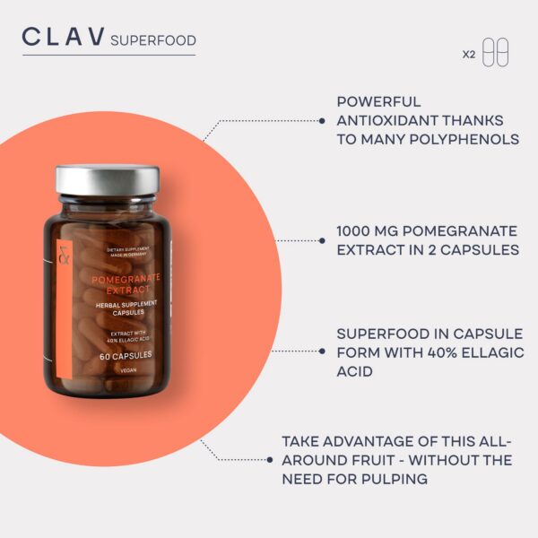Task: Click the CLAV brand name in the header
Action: click(x=62, y=38)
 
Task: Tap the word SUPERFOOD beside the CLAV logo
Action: click(x=152, y=40)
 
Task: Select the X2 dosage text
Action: click(x=468, y=54)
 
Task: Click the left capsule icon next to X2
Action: click(x=489, y=52)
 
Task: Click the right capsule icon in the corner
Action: click(x=502, y=52)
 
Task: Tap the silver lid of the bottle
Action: click(x=107, y=179)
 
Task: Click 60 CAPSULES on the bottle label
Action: click(x=126, y=355)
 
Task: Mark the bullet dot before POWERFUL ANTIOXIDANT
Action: click(x=323, y=119)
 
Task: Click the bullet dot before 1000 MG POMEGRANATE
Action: click(x=323, y=240)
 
